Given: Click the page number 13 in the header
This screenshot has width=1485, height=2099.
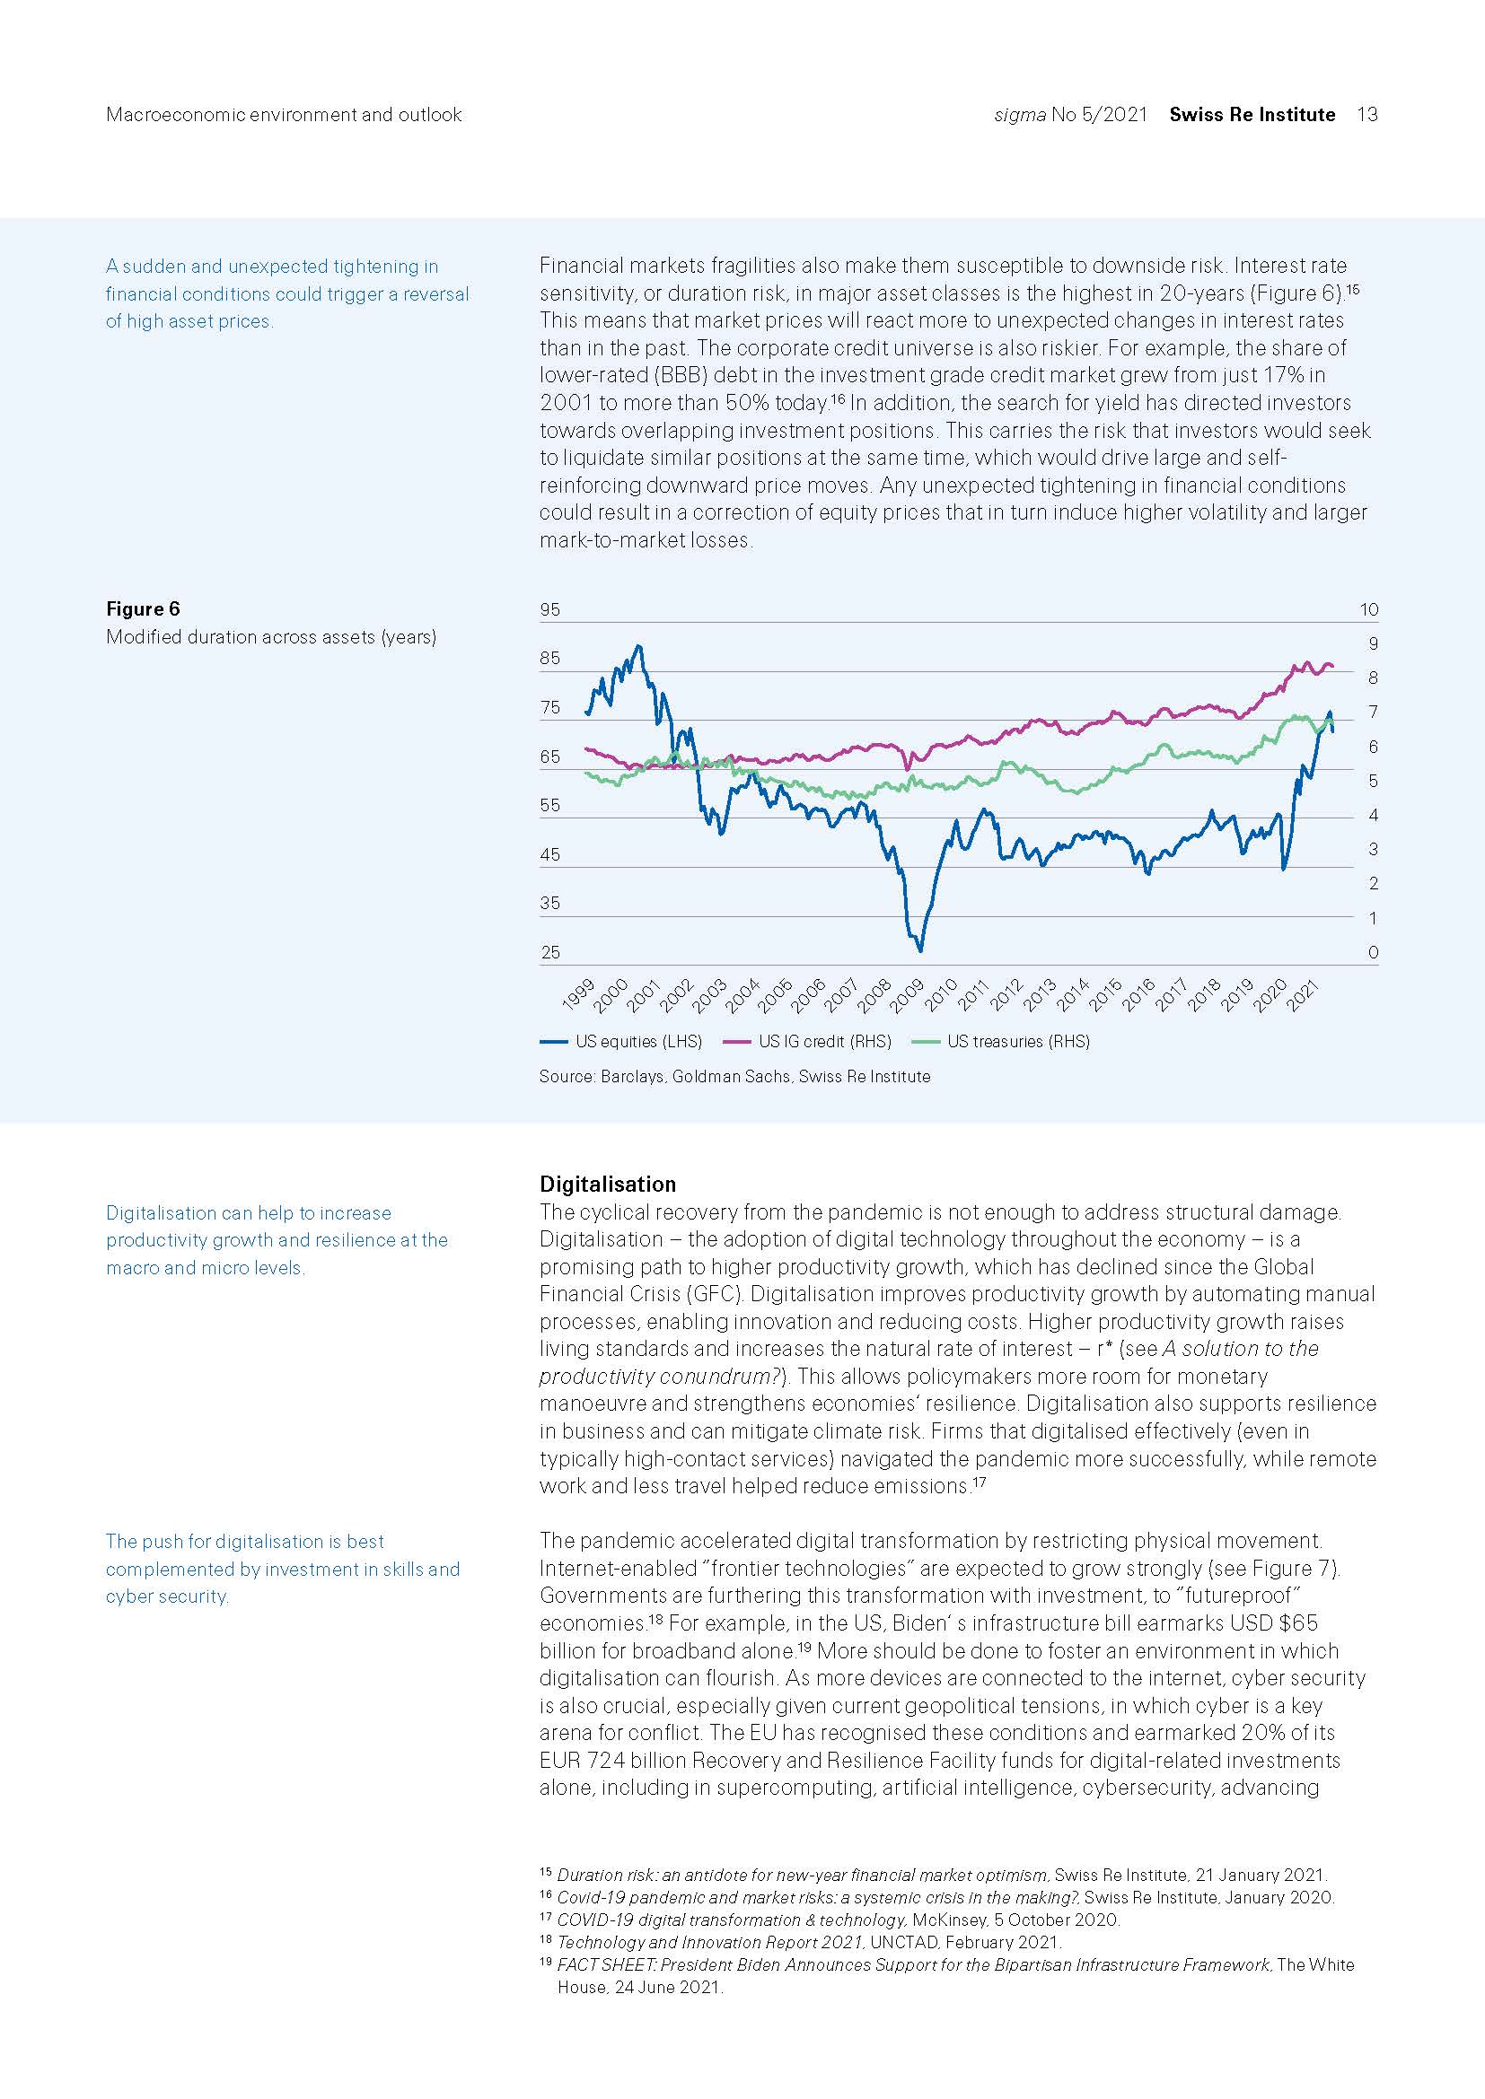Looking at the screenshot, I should (1367, 114).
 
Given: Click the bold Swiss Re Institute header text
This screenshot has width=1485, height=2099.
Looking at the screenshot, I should (1252, 114).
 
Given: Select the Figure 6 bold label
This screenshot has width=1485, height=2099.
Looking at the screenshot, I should (143, 608).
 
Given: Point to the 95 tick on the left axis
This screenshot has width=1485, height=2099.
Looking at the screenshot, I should (549, 609).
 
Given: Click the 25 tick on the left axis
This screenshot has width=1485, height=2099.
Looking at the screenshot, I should (549, 953).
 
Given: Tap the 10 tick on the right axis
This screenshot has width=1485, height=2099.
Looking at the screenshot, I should (1368, 609).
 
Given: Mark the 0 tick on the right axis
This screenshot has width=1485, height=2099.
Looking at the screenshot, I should (1373, 953).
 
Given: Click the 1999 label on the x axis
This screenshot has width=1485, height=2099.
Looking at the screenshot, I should (578, 994).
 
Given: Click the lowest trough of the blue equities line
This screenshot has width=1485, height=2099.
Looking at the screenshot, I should (920, 950).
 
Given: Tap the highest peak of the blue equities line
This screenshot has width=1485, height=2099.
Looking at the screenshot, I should (638, 646).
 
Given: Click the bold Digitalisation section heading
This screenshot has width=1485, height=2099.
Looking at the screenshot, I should (607, 1184).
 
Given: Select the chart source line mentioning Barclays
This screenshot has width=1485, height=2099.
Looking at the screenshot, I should (734, 1077).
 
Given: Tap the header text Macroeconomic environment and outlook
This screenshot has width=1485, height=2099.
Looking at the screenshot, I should (284, 114).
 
